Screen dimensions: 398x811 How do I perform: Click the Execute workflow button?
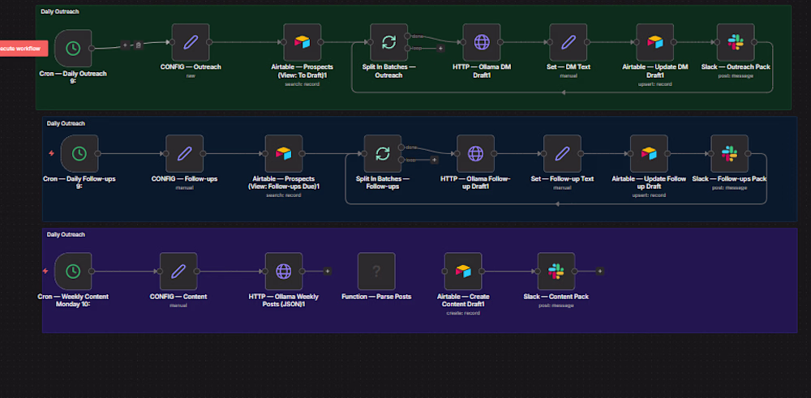pos(24,48)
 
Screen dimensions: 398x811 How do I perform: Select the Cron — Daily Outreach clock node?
pos(73,49)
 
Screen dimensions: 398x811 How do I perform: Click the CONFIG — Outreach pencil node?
pos(191,43)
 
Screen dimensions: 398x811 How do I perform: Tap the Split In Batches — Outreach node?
pos(388,43)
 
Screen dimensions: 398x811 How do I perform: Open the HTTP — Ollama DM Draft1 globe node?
pos(482,43)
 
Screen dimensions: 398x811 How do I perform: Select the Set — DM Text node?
pos(568,43)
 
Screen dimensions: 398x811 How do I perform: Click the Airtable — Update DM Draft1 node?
pos(654,43)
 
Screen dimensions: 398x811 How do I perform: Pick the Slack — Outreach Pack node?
pos(736,43)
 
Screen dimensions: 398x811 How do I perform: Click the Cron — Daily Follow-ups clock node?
pos(79,152)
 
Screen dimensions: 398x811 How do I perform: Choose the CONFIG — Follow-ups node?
pos(184,153)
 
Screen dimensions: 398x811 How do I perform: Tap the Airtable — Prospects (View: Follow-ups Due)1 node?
pos(283,153)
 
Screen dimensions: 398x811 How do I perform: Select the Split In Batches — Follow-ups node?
pos(383,153)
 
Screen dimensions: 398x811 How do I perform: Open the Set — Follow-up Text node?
pos(562,153)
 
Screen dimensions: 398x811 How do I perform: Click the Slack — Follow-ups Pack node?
pos(729,153)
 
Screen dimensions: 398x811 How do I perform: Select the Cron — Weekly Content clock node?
pos(73,272)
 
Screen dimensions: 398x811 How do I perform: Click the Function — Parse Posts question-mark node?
pos(376,272)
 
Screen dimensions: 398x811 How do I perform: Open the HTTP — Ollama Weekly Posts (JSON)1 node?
pos(283,272)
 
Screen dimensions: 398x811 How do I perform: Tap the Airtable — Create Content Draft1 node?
pos(463,272)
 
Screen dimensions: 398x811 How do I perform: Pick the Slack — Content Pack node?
pos(556,272)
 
